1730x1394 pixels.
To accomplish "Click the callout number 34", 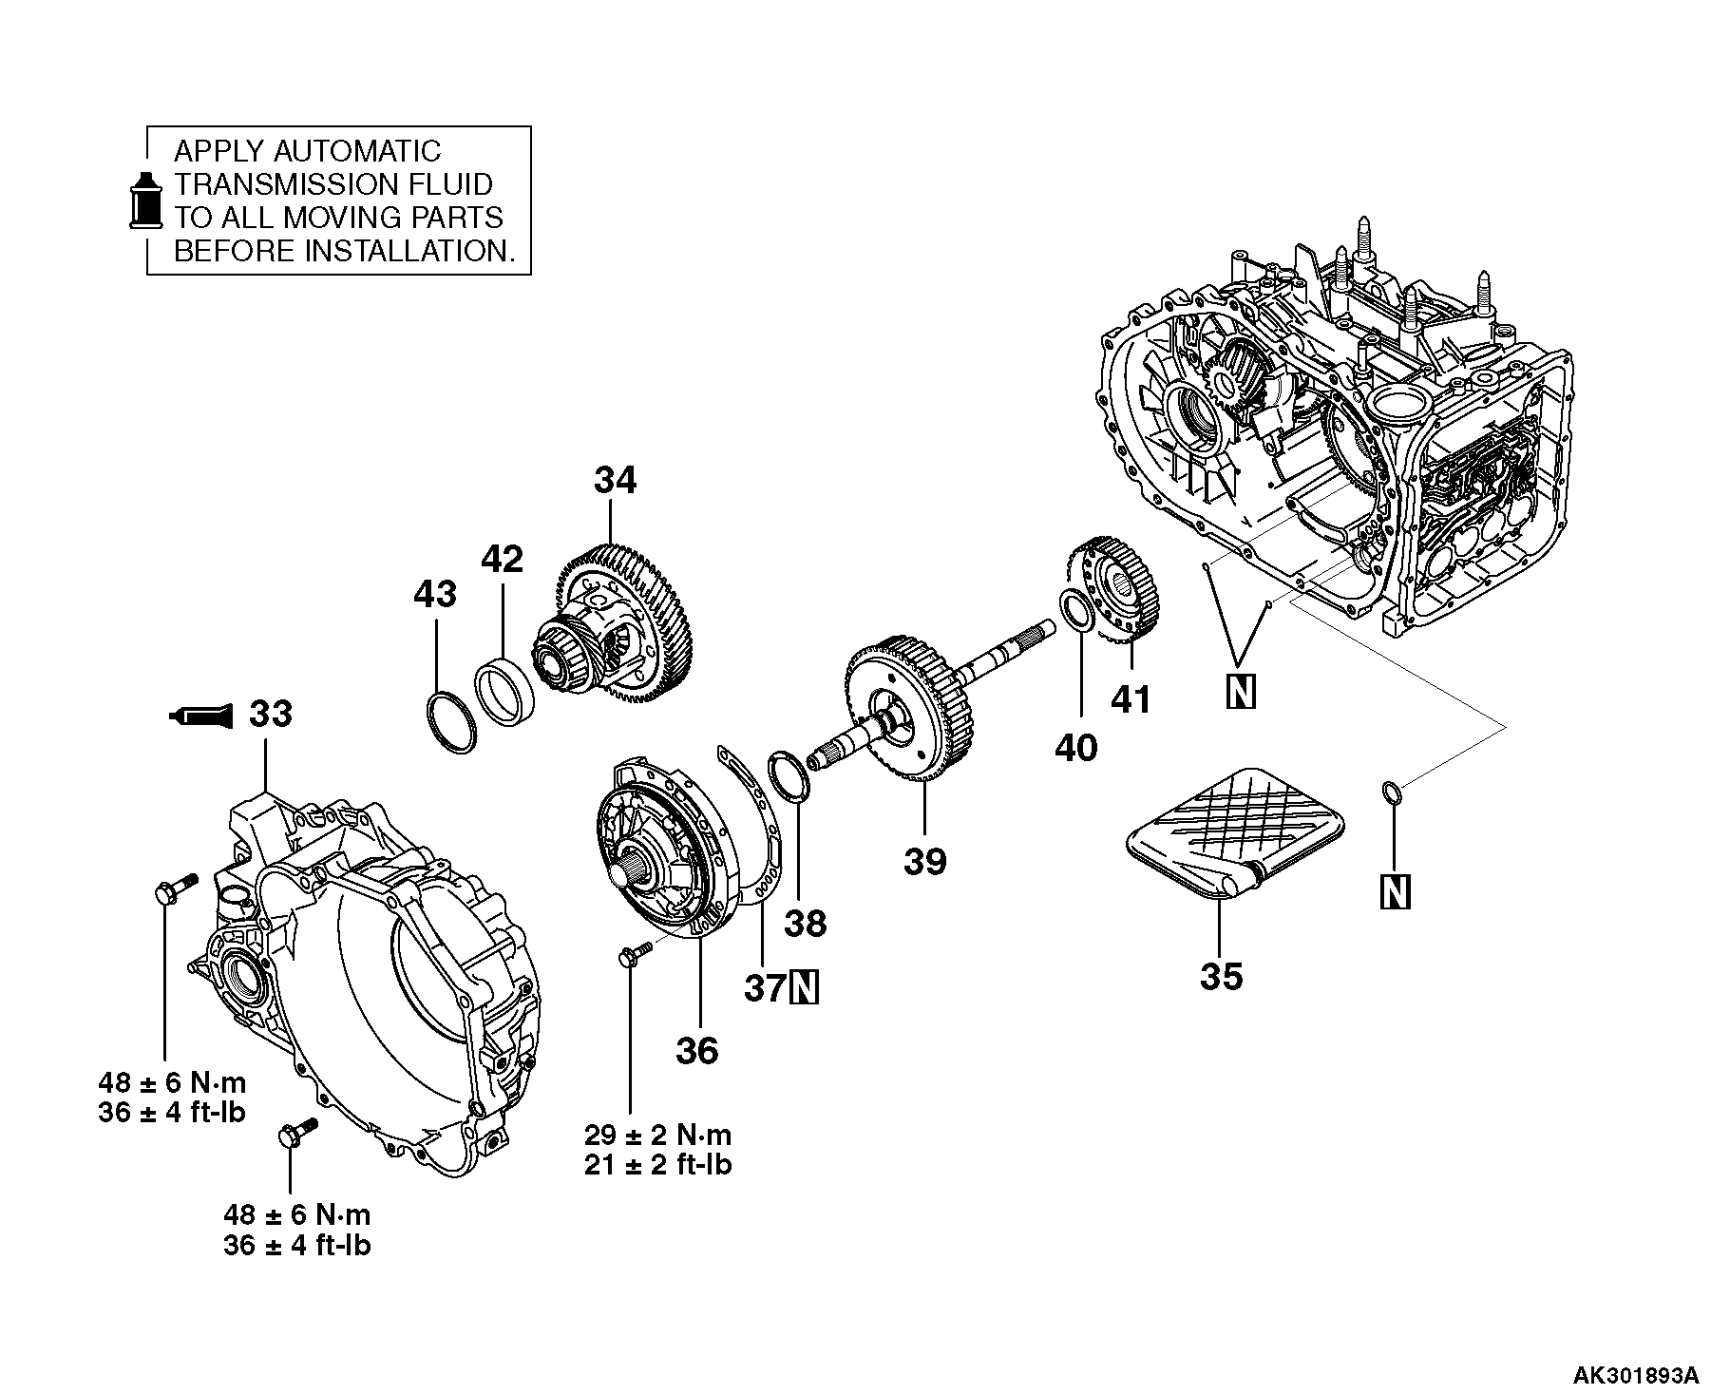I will (615, 481).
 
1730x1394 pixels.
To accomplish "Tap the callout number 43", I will (434, 595).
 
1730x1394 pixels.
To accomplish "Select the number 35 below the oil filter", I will (1221, 976).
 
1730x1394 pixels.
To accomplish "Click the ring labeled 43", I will (450, 725).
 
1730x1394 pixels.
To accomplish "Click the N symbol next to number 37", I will (804, 989).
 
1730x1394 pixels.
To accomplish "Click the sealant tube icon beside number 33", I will (200, 715).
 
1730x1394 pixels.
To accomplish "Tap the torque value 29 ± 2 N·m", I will (657, 1135).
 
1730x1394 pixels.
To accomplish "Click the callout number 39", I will (924, 861).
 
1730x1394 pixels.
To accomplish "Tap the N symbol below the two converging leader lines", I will (1241, 692).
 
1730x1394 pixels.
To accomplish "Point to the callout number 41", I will (1131, 699).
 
